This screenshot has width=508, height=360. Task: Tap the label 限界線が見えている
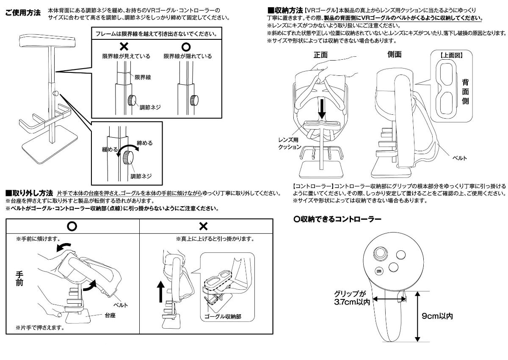[121, 56]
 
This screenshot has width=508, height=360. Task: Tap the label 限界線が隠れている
[188, 56]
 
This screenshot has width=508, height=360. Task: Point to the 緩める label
[109, 150]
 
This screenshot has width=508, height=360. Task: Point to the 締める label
[145, 143]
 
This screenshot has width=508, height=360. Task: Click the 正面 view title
[320, 55]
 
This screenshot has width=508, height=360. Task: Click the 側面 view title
[394, 54]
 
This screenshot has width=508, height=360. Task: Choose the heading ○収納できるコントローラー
[337, 219]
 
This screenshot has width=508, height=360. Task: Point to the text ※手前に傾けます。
[37, 239]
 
